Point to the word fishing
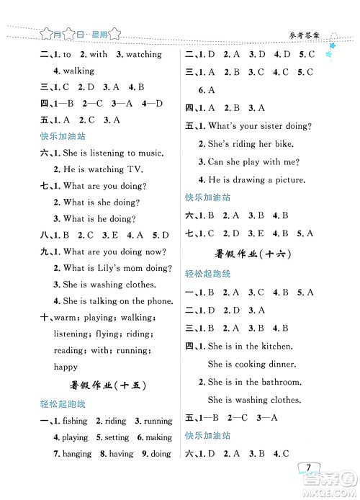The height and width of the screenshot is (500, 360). pos(75,421)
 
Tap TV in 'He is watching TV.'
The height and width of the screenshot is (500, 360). pos(135,169)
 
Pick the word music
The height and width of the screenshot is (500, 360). pos(148,153)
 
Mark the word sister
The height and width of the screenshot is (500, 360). pos(274,126)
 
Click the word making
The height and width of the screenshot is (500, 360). pos(159,437)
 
